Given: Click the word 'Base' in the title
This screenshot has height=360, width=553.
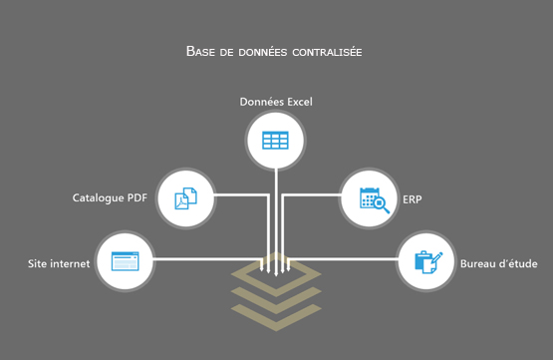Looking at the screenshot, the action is click(x=200, y=51).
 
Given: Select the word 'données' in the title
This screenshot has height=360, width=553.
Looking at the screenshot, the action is click(x=255, y=51).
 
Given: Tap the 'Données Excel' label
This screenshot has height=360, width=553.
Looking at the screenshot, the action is click(x=276, y=102).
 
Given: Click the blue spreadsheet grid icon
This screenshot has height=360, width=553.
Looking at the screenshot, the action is click(x=276, y=141).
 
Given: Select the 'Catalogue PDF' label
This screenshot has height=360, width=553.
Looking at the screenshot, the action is click(x=110, y=197).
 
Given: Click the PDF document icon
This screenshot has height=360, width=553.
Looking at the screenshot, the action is click(x=186, y=197).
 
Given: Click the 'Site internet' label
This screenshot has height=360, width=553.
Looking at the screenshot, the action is click(x=59, y=264).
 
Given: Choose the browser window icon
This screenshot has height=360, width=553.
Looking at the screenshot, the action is click(x=124, y=262).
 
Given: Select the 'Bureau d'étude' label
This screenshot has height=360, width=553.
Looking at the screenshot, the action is click(x=499, y=264).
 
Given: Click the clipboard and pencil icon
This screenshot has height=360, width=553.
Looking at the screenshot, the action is click(x=427, y=262).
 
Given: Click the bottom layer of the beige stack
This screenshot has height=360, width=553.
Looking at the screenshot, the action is click(x=276, y=317).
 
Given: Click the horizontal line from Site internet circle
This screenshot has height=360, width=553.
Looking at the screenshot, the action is click(x=204, y=261).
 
